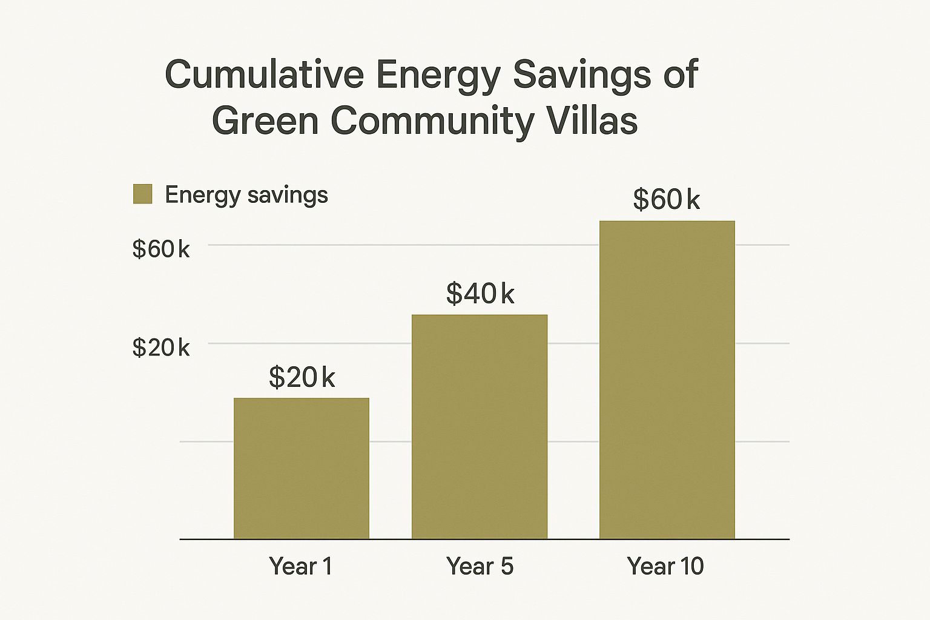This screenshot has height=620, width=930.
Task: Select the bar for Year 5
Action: click(479, 426)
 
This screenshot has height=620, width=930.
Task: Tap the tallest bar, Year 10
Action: click(667, 380)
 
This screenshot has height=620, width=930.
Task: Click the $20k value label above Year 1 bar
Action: click(302, 377)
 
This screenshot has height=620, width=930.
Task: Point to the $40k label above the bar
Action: click(480, 294)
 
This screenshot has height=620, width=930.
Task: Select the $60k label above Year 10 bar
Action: click(666, 199)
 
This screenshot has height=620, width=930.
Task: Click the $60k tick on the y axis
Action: click(160, 249)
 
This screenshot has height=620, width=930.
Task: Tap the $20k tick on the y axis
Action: click(160, 348)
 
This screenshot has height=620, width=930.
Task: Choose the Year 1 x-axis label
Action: click(301, 566)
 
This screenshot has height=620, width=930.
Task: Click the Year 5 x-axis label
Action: click(480, 566)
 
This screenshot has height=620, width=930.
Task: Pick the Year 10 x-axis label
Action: click(665, 566)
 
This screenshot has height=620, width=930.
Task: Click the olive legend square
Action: click(142, 194)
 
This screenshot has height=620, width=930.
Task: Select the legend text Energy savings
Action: click(246, 195)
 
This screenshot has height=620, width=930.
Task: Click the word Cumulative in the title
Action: click(264, 74)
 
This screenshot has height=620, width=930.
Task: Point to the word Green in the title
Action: click(265, 120)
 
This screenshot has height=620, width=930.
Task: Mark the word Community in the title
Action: click(432, 120)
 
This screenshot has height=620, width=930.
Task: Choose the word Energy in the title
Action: click(438, 74)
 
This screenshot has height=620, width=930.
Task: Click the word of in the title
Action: click(680, 74)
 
